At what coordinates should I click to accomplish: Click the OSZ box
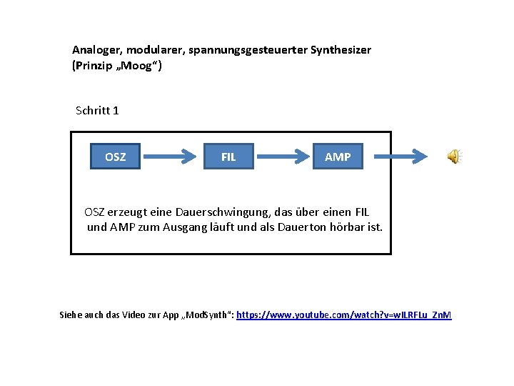coord(115,157)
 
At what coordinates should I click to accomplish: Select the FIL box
coord(228,157)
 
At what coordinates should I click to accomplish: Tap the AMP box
coord(338,157)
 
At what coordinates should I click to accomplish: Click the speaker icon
coord(454,157)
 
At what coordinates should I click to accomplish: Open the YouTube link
coord(343,315)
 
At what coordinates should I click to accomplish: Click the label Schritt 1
coord(97,110)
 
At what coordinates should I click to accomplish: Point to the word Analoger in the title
coord(96,50)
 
